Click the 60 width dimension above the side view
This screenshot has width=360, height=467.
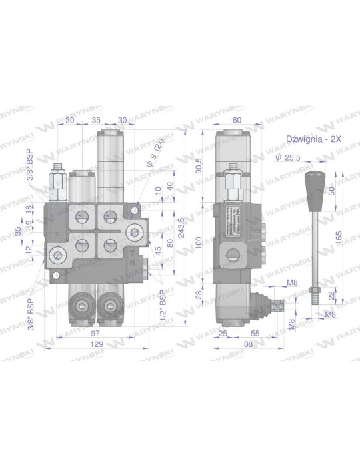click(236, 120)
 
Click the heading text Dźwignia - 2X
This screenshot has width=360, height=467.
click(313, 139)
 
